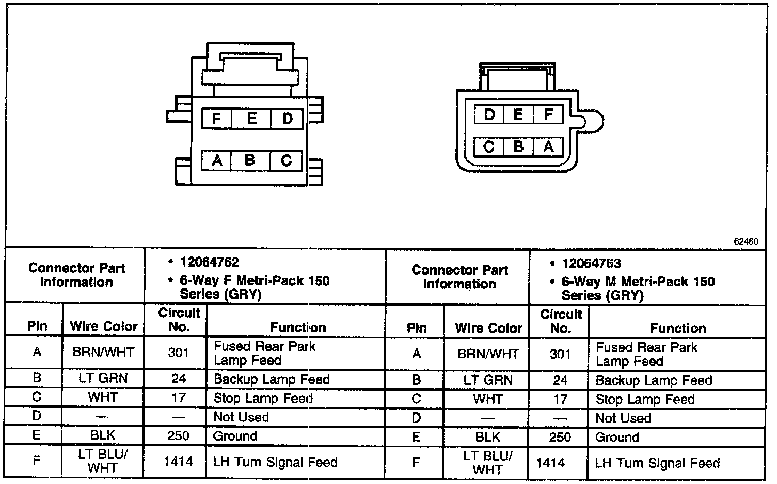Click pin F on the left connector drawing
216,118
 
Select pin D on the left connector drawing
287,118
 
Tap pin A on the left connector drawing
217,160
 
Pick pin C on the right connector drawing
489,146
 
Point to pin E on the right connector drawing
518,114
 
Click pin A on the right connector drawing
548,146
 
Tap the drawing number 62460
746,241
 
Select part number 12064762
210,262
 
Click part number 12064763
591,263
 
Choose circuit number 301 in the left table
178,353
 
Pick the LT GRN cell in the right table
488,380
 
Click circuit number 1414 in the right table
550,463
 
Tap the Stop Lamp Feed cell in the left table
263,398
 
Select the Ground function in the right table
617,438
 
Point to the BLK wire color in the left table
102,435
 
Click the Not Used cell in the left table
241,417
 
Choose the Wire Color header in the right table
488,327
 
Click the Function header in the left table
298,327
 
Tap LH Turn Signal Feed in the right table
657,463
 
